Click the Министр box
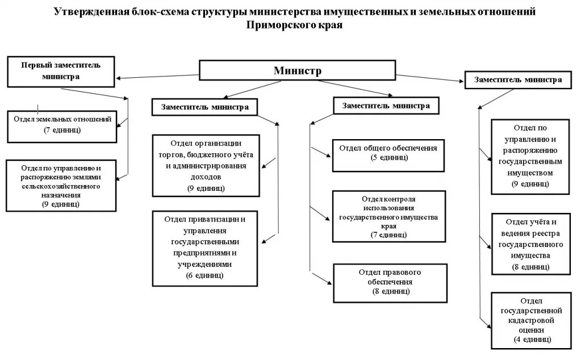click(297, 71)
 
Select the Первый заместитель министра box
click(61, 70)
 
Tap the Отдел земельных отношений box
click(62, 125)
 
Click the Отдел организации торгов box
click(206, 164)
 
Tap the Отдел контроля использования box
click(388, 216)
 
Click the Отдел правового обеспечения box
click(388, 282)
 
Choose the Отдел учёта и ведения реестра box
click(530, 244)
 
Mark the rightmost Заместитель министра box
click(517, 80)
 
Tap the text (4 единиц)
click(530, 339)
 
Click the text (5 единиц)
click(388, 158)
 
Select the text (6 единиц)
click(204, 275)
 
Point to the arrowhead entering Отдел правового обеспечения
click(329, 282)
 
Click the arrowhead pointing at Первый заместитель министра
click(116, 78)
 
